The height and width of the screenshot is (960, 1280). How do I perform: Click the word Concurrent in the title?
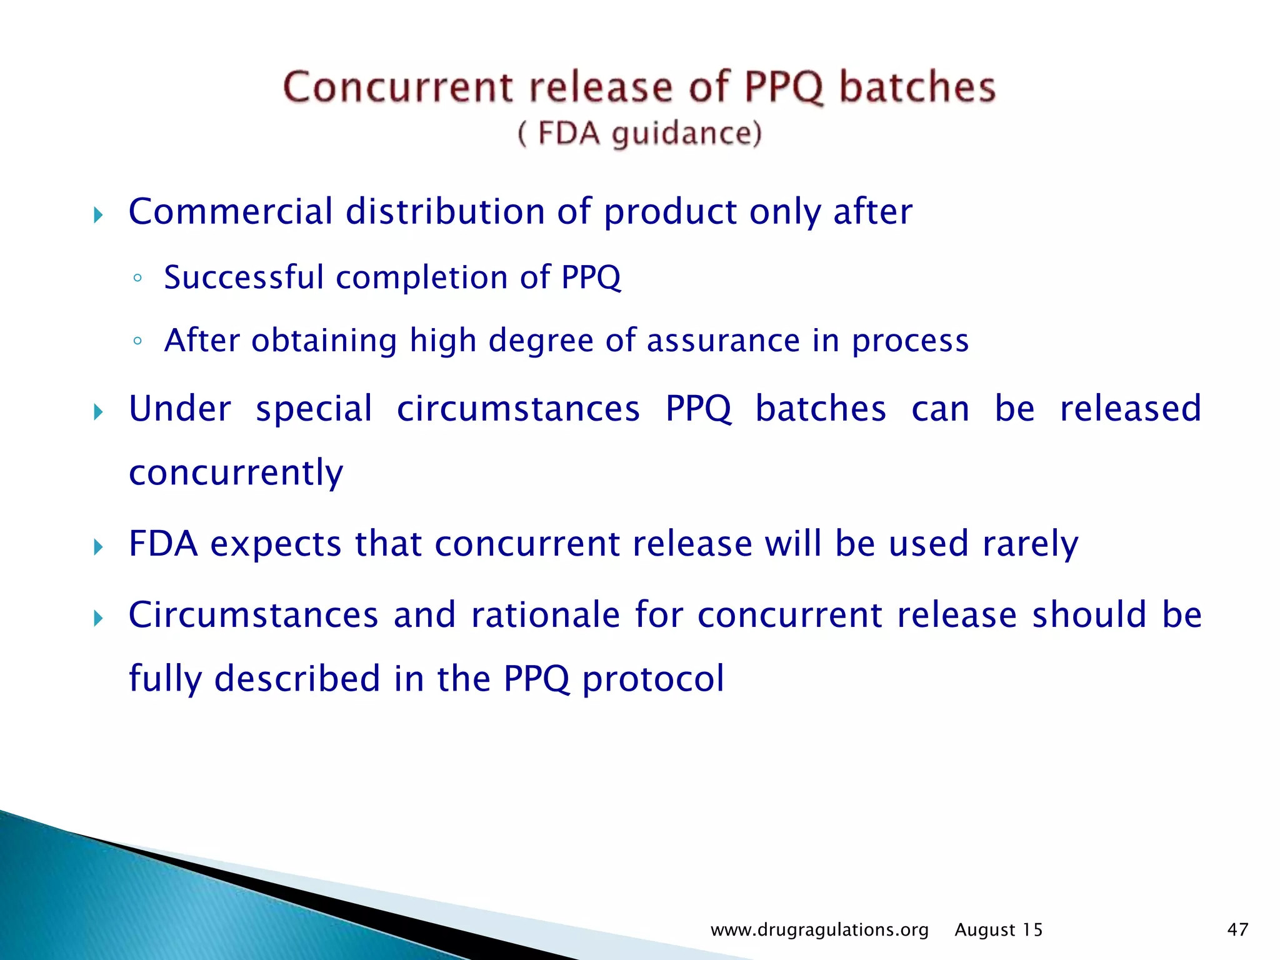(397, 87)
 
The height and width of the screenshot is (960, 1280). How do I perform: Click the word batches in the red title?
(917, 87)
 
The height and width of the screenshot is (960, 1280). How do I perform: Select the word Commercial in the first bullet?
(231, 211)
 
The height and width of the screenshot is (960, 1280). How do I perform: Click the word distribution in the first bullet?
(445, 211)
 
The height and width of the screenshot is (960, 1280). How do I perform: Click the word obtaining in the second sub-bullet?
(324, 341)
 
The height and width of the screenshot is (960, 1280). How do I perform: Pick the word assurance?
(723, 341)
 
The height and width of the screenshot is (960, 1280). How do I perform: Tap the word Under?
(180, 409)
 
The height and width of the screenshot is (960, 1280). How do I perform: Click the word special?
(314, 410)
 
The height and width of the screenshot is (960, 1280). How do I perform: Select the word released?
(1131, 409)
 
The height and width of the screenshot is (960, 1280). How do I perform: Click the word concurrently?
(236, 472)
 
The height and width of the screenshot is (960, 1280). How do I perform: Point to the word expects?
(276, 544)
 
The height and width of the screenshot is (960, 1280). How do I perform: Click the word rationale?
(546, 615)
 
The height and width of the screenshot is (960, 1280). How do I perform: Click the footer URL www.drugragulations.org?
(819, 930)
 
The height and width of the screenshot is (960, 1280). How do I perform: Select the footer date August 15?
(999, 930)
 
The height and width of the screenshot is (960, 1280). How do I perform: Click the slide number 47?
(1237, 930)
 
